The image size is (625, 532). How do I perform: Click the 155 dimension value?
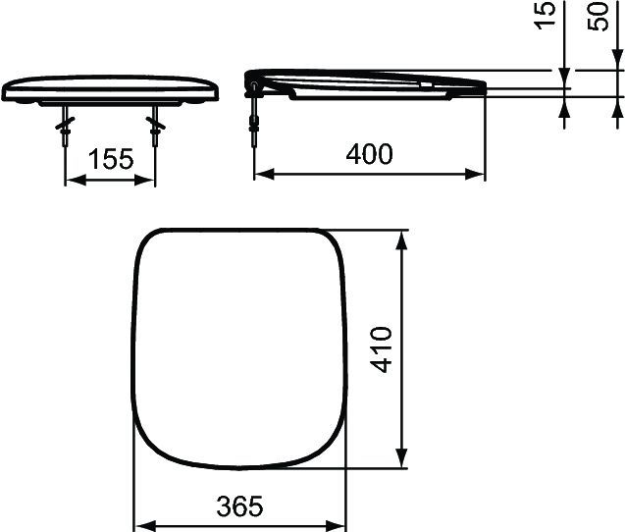[x=111, y=159]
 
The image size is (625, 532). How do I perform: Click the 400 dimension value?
[x=369, y=154]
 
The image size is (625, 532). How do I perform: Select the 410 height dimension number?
[x=381, y=347]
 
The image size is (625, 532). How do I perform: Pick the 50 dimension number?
[x=598, y=17]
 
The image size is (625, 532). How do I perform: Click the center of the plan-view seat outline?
[x=239, y=347]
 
